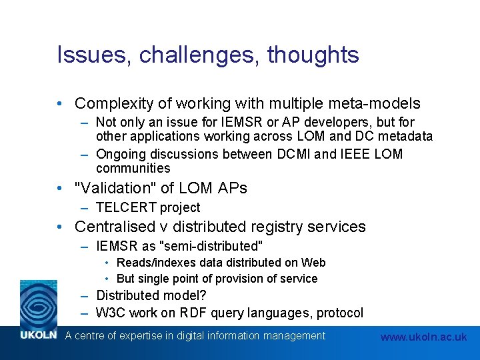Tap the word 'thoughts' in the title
click(x=313, y=55)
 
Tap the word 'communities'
click(x=133, y=168)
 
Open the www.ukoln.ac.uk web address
click(x=423, y=337)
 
